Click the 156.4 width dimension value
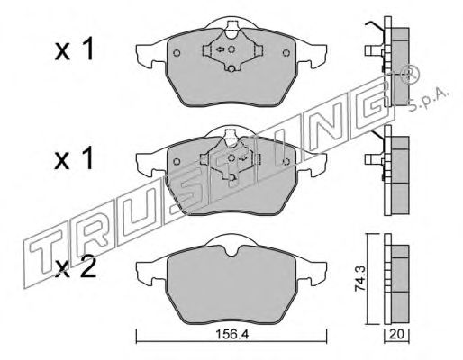(232, 334)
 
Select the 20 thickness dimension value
(396, 334)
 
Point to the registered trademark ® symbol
(410, 75)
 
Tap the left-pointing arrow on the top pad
(221, 49)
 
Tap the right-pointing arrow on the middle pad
(243, 157)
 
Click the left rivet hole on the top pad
(177, 53)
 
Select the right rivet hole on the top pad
(286, 53)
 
